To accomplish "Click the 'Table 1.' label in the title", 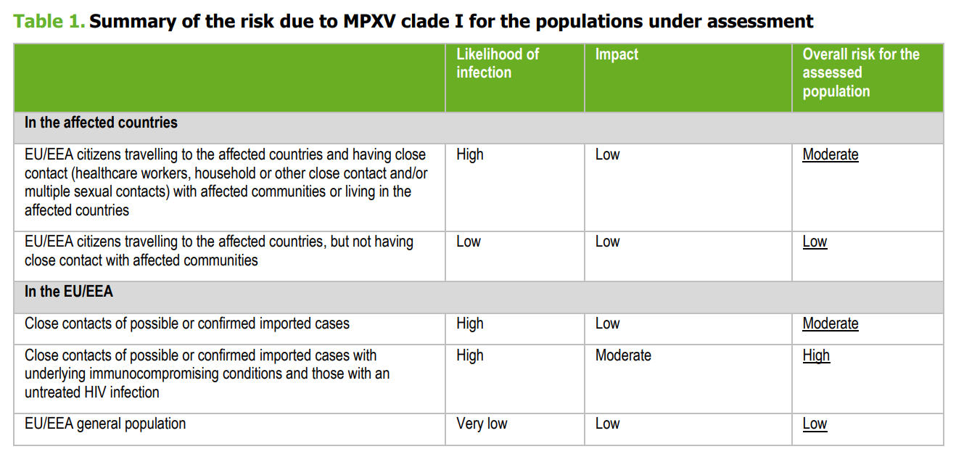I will [49, 21].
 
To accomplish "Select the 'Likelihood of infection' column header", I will [498, 63].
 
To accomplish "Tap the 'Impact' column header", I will [616, 54].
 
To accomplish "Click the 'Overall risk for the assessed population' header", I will [860, 73].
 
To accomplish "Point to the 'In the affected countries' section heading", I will [101, 123].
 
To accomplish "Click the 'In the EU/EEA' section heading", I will [69, 292].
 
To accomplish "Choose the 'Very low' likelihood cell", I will [482, 424].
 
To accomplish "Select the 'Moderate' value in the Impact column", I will [623, 355].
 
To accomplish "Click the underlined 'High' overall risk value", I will [816, 355].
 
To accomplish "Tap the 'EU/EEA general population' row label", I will [105, 424].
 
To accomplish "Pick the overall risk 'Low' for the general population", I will [815, 424].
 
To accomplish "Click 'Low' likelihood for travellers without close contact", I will [469, 242].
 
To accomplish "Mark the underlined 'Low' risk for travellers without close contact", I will [815, 242].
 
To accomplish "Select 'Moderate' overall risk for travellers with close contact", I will [830, 155].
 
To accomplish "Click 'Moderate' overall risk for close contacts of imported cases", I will [830, 324].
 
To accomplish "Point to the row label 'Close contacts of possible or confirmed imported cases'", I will [187, 324].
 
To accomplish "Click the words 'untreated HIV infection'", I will [92, 392].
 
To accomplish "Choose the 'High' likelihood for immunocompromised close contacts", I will [470, 355].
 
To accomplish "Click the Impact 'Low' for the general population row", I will [607, 424].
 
